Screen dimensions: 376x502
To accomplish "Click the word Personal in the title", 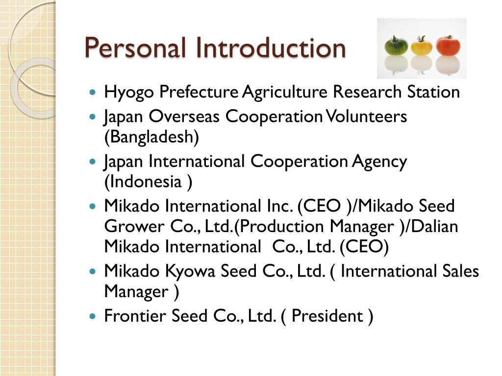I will tap(136, 48).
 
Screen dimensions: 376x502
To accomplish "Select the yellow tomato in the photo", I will tap(422, 46).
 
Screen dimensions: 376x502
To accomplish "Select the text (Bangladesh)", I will tap(152, 137).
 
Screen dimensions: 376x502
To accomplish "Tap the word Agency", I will tap(379, 161).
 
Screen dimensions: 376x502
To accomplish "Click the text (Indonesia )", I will tap(148, 182).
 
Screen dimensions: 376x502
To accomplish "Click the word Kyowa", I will tap(191, 271).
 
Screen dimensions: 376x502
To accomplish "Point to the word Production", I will tap(283, 226).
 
